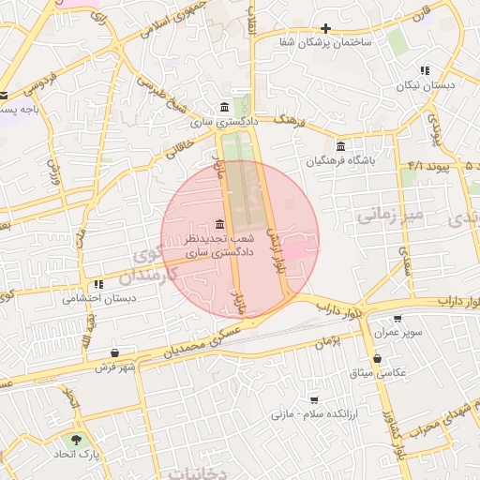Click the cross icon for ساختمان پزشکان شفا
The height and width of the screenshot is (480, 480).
pyautogui.click(x=326, y=29)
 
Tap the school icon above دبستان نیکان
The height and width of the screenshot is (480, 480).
pyautogui.click(x=425, y=70)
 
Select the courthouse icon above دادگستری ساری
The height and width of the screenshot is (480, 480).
pyautogui.click(x=223, y=107)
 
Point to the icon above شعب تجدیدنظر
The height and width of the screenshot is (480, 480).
pyautogui.click(x=218, y=224)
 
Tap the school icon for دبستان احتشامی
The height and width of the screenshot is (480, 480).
pyautogui.click(x=97, y=285)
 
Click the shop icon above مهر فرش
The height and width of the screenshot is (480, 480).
pyautogui.click(x=114, y=352)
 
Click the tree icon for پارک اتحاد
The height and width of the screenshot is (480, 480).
pyautogui.click(x=75, y=439)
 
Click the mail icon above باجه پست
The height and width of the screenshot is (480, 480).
pyautogui.click(x=4, y=95)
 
